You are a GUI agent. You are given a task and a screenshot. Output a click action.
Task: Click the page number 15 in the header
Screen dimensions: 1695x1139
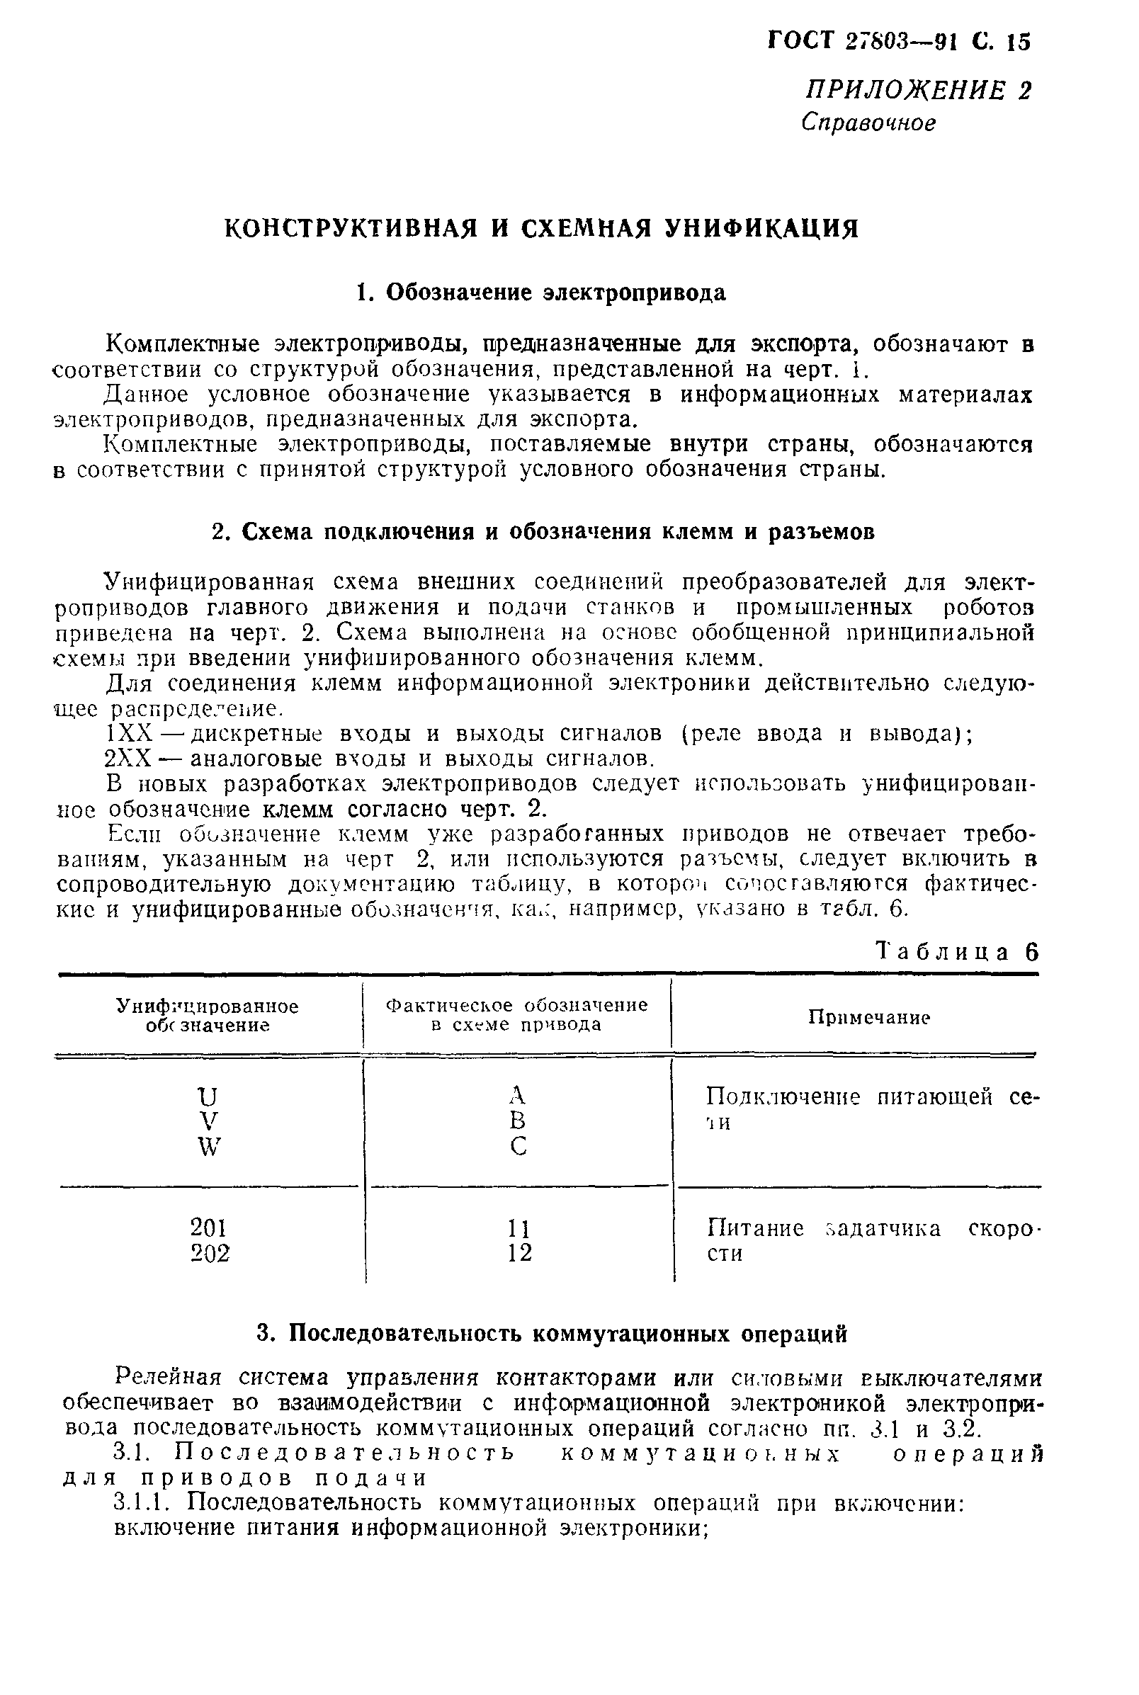pos(1018,42)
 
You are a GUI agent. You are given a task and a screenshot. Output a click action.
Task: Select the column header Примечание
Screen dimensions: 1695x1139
pos(869,1017)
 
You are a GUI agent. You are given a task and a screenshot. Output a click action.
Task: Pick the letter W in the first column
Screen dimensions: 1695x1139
pos(208,1147)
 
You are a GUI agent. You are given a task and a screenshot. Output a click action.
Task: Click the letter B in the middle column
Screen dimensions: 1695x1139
pos(517,1121)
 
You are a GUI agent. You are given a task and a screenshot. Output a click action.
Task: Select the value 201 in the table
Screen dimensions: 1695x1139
pos(208,1228)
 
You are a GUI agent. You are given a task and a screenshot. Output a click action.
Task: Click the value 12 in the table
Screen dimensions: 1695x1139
pos(519,1253)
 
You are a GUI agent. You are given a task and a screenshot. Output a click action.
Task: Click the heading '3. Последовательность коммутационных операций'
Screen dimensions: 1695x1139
pos(552,1334)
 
